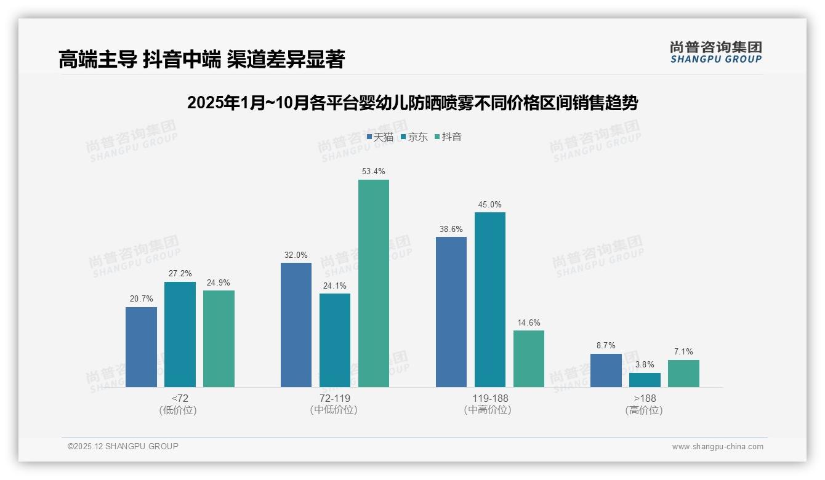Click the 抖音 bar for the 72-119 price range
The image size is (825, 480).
point(374,283)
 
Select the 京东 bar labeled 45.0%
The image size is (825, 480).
point(489,300)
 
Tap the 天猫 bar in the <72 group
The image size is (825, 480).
point(141,347)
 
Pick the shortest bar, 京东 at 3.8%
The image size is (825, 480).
point(645,380)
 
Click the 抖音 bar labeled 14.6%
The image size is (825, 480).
point(529,359)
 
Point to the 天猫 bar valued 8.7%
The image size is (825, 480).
point(606,370)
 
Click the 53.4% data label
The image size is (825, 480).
point(374,171)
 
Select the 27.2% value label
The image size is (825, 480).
point(180,273)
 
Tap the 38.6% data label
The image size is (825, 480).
point(451,228)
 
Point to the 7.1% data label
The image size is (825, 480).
point(683,351)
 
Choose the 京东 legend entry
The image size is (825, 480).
point(414,137)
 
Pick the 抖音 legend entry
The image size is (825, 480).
point(448,137)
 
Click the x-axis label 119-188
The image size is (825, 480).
point(490,398)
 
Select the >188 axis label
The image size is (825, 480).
point(645,398)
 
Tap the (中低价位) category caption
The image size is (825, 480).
point(334,410)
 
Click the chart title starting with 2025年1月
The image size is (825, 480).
point(412,103)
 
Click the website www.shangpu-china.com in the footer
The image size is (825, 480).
point(717,447)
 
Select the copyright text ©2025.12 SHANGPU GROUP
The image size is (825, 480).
point(123,446)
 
